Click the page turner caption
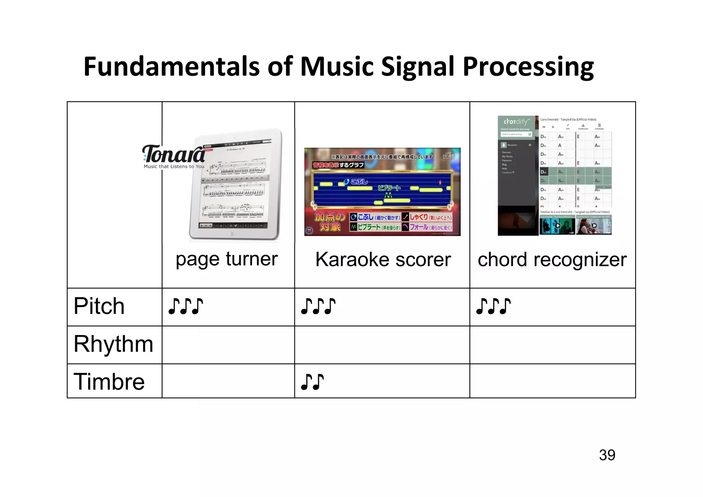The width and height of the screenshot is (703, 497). pos(227,259)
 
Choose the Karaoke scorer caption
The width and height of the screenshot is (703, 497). pos(383,259)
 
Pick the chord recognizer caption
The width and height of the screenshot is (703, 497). pos(552,259)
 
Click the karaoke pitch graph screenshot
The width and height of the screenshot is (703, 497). pos(382,192)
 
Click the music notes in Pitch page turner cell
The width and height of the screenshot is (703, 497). pos(185,306)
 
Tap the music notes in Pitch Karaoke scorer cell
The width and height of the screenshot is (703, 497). pos(318,306)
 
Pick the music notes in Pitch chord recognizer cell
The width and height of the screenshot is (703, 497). pos(493,306)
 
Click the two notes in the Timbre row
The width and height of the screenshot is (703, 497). pos(312,382)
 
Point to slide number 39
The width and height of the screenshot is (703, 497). pos(607,455)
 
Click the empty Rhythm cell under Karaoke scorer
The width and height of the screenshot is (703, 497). pos(382,345)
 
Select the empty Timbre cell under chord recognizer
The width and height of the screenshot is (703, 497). pos(552,381)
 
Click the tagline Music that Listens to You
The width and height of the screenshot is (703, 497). pos(174,166)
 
